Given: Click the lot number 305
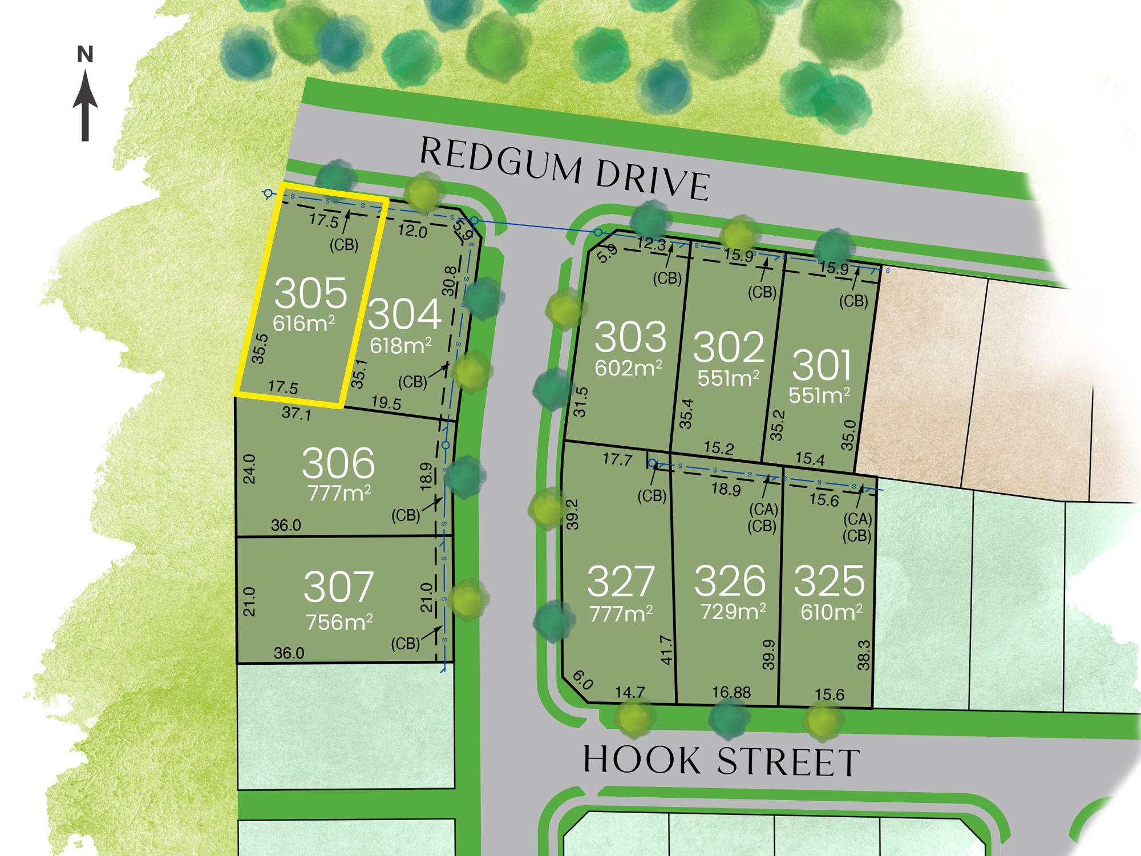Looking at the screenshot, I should (310, 293).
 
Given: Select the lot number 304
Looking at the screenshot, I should (404, 314).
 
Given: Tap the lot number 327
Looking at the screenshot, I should (620, 581).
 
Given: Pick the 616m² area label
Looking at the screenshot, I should (304, 324).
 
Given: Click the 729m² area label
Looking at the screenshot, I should (733, 612).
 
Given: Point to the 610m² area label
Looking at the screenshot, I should (831, 612).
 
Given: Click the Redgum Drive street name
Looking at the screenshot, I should (564, 169).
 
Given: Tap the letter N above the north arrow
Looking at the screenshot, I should (85, 55).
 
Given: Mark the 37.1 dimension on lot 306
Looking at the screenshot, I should (297, 413).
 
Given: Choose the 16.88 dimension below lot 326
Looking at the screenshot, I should (731, 693).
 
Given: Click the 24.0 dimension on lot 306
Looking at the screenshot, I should (249, 469).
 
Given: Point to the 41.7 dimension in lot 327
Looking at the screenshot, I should (666, 650).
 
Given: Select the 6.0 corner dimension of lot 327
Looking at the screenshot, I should (582, 680).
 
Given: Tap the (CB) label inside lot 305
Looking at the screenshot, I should (344, 245).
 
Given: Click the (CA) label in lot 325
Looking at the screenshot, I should (857, 519).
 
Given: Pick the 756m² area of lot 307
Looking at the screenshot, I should (339, 622).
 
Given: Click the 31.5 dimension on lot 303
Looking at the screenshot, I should (580, 402).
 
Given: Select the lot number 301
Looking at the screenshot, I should (822, 365).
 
